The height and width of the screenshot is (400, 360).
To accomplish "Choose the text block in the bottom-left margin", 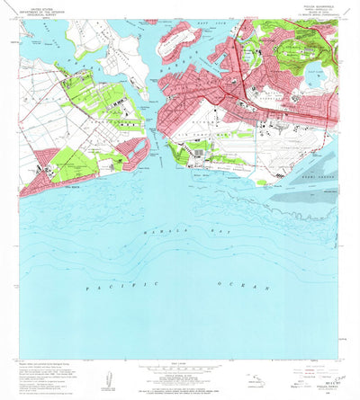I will (x=45, y=372).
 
